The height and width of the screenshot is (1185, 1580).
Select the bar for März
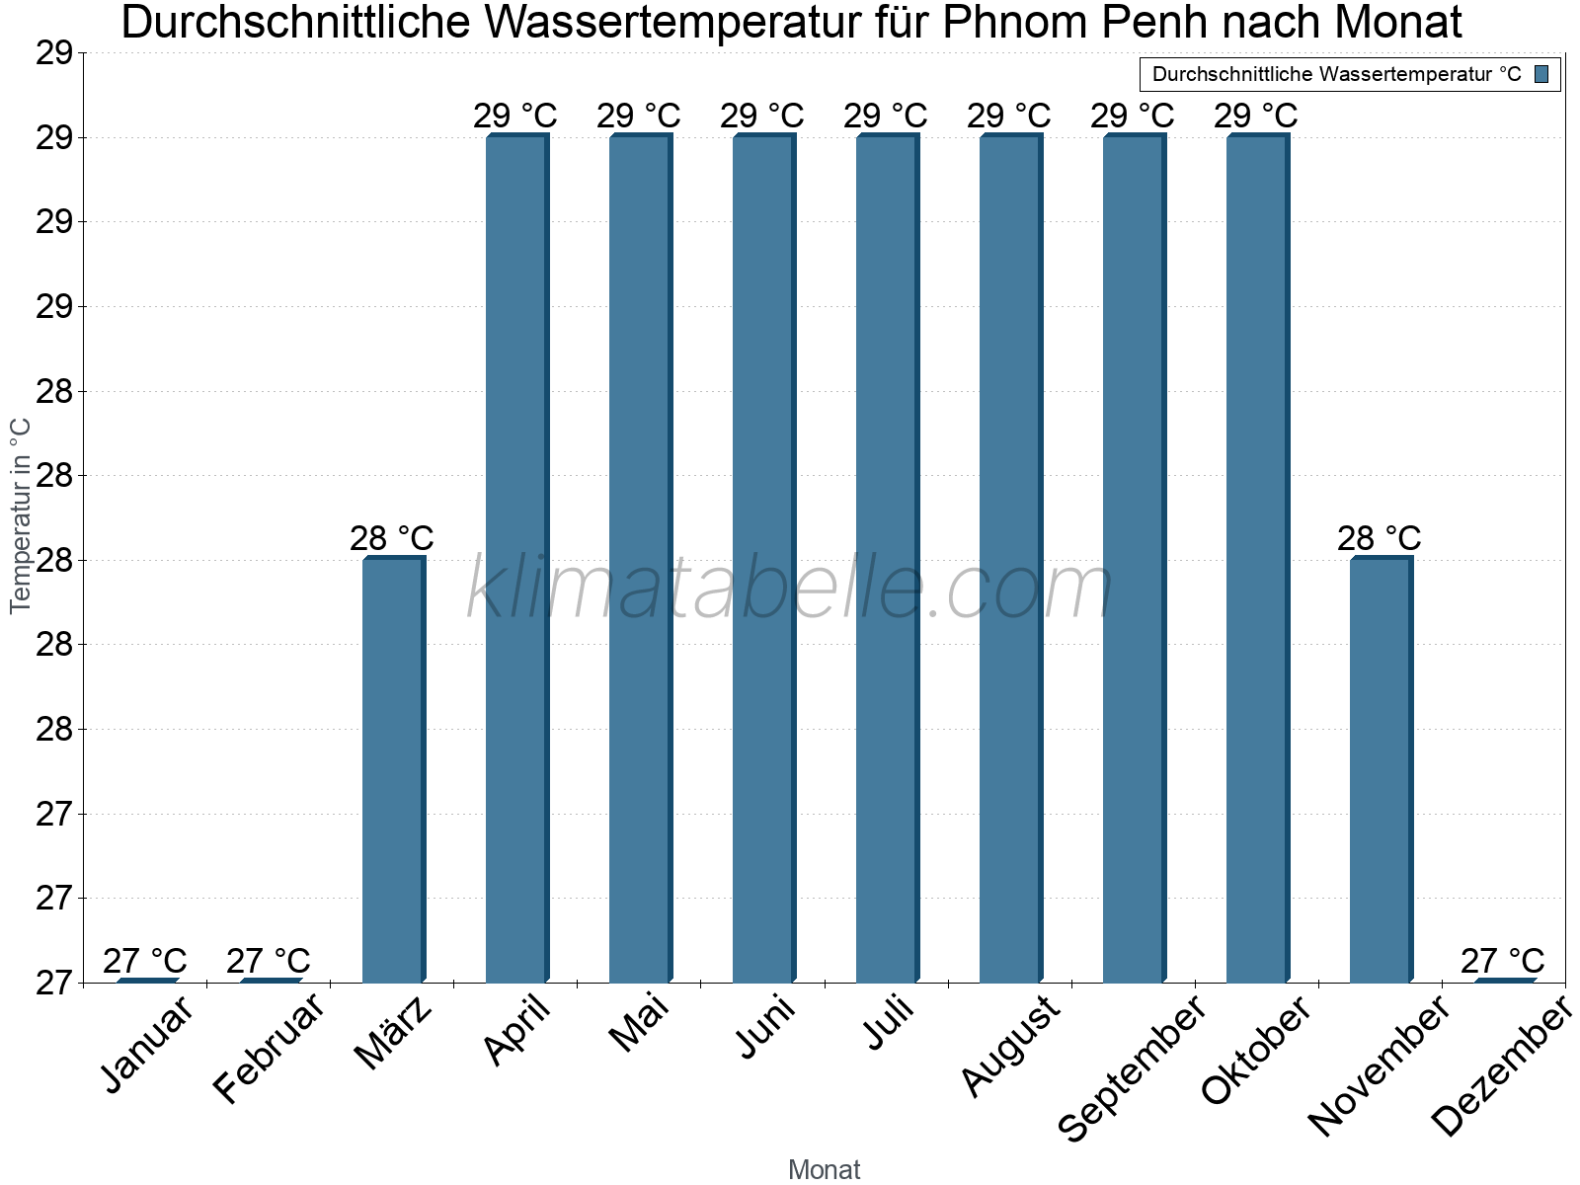click(393, 770)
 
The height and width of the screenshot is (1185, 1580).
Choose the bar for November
click(1381, 770)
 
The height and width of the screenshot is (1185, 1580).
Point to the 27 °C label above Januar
click(145, 960)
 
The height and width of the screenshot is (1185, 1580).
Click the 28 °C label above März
click(392, 538)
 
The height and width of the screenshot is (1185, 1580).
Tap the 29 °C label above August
click(1009, 116)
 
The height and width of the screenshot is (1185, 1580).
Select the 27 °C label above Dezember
click(1503, 960)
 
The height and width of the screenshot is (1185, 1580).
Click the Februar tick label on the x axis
click(269, 1049)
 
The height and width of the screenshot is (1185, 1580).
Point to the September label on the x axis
click(1132, 1068)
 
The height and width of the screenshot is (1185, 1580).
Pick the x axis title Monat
click(825, 1169)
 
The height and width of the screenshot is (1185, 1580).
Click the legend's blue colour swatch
click(1542, 74)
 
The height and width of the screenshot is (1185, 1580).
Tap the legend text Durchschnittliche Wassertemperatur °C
click(1336, 74)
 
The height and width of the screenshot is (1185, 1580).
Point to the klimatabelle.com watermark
click(790, 589)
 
